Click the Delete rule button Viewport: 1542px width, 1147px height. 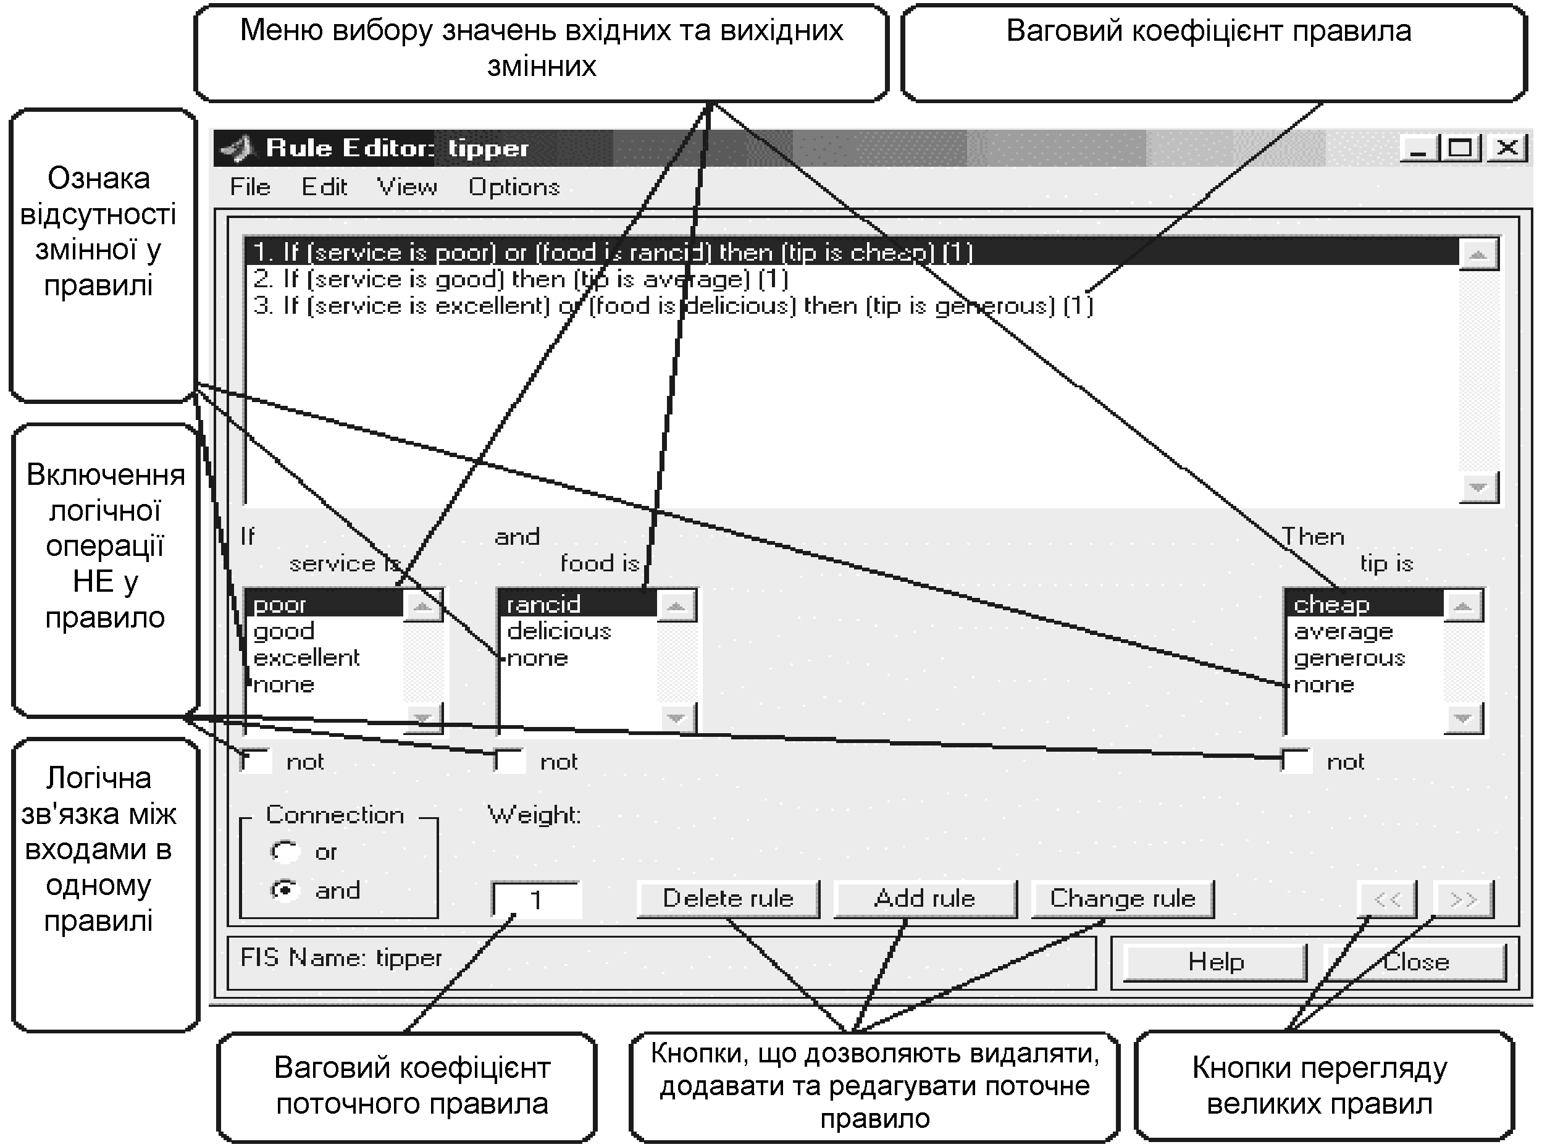coord(728,899)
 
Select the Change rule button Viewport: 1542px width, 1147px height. coord(1122,899)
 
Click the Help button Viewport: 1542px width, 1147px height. coord(1215,962)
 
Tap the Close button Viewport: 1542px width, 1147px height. coord(1415,962)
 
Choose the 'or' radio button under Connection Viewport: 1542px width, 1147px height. coord(285,851)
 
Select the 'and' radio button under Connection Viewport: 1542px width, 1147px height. coord(285,890)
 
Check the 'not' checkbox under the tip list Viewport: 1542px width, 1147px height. coord(1295,761)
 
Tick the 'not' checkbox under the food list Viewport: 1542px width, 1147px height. coord(509,761)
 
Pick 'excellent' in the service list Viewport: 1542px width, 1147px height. coord(306,658)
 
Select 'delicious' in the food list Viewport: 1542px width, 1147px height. coord(559,631)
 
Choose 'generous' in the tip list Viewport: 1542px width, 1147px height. coord(1349,658)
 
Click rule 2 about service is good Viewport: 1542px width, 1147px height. coord(521,279)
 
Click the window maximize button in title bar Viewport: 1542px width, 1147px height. coord(1459,148)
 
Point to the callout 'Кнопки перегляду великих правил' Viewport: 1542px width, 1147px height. coord(1324,1085)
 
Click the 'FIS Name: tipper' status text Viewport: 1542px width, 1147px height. coord(341,958)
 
